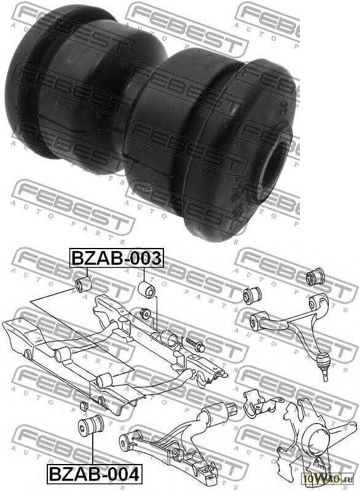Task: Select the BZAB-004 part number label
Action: (94, 474)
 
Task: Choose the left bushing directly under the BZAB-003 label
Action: (82, 284)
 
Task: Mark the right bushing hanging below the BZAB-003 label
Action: (147, 289)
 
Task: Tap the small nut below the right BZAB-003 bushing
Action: (146, 314)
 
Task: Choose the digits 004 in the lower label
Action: (122, 474)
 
